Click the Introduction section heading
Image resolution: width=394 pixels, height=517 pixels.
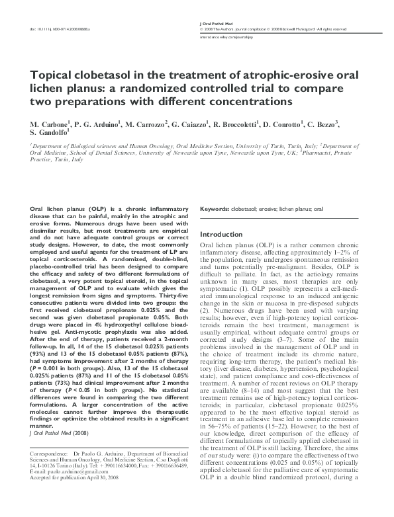[222, 235]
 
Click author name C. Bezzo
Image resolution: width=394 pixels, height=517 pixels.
[341, 124]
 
